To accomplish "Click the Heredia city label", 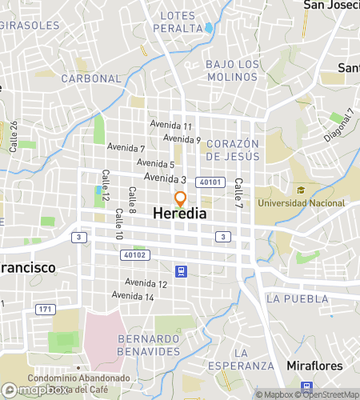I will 179,214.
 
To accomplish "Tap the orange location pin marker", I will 181,199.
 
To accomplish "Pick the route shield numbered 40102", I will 135,255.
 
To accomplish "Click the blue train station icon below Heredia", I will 182,271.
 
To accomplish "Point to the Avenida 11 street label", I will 172,126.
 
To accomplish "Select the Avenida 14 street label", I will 133,296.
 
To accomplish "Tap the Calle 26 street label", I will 14,136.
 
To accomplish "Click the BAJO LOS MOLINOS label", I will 232,70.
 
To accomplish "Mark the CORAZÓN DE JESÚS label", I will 233,150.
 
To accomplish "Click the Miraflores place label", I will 314,366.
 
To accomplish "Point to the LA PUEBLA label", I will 298,298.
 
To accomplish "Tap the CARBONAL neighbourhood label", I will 90,79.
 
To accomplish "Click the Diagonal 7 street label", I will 338,125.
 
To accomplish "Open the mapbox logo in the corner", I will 34,390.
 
